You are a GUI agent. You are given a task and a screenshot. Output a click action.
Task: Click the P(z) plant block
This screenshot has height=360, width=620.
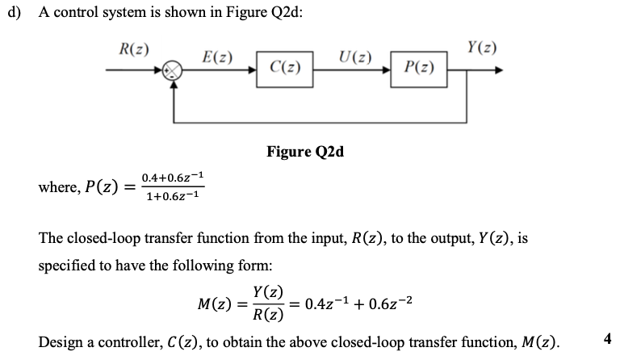[x=417, y=69]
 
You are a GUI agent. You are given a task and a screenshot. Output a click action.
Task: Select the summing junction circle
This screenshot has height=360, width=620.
[x=175, y=69]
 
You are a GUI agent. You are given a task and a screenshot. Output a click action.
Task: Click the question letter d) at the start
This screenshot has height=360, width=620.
[x=15, y=18]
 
